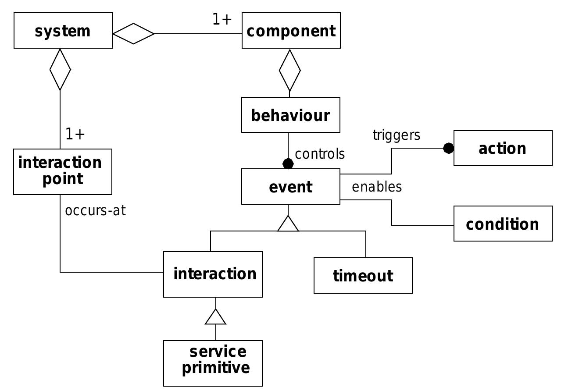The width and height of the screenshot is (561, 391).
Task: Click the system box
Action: click(63, 31)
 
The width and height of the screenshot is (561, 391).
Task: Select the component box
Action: click(291, 31)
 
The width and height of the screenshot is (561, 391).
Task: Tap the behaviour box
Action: click(290, 115)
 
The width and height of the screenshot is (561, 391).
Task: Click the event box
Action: click(290, 187)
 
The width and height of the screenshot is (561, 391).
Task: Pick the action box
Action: click(503, 148)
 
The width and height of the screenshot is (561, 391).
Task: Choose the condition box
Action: click(503, 224)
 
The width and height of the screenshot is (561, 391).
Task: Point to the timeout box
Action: click(363, 276)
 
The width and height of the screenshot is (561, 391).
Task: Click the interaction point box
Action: click(63, 171)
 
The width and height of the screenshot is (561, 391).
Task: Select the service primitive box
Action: click(213, 363)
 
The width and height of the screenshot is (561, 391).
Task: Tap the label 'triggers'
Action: click(396, 135)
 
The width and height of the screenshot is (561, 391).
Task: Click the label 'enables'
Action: click(376, 187)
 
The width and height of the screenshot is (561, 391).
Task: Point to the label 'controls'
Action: click(320, 154)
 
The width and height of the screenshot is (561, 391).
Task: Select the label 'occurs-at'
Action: click(95, 210)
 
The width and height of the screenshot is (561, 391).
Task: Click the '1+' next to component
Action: click(222, 19)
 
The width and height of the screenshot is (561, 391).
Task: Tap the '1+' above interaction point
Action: click(75, 134)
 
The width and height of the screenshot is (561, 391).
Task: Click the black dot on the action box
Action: click(448, 148)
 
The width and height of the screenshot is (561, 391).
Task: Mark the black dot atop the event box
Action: click(288, 164)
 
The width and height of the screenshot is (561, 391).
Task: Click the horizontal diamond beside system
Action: click(133, 34)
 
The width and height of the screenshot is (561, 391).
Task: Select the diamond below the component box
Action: click(289, 70)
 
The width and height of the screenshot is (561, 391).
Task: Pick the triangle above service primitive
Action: click(215, 317)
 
